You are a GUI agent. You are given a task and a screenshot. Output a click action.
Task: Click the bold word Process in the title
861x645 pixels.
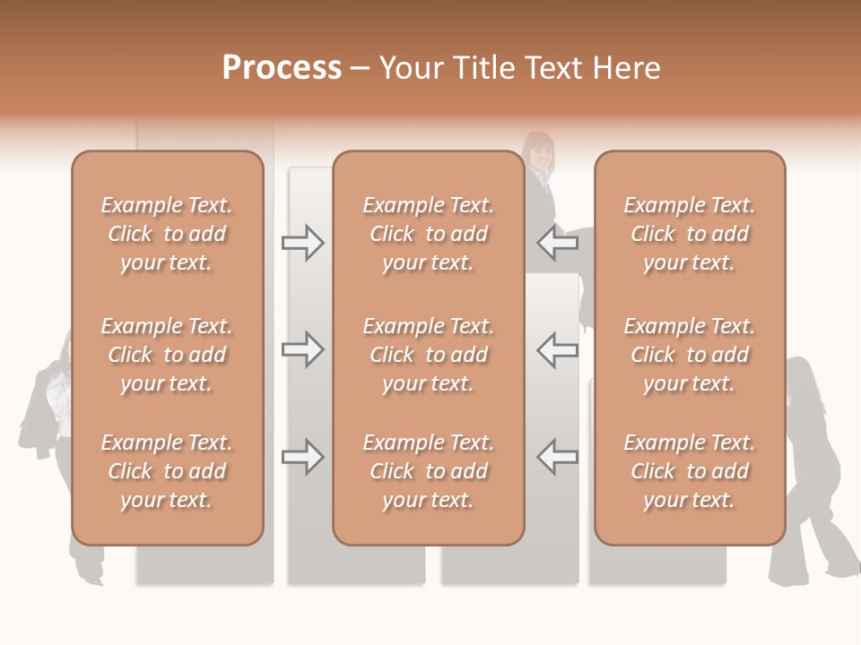[282, 68]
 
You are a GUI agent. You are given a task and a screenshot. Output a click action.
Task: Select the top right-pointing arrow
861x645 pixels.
[302, 243]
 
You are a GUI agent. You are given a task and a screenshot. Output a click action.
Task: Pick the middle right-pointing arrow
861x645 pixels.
[302, 349]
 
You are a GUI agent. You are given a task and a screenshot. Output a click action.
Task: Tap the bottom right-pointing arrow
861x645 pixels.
[302, 457]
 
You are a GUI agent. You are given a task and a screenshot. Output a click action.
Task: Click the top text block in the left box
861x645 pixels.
[167, 234]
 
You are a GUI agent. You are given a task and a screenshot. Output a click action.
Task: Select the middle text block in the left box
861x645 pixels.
[167, 355]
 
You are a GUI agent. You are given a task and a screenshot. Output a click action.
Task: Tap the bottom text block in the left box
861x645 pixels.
[167, 471]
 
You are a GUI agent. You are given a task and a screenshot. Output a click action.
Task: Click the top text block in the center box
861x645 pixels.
[428, 234]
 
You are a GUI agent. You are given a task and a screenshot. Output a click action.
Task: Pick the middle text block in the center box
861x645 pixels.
[428, 355]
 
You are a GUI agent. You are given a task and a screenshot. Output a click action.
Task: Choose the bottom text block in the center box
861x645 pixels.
[428, 471]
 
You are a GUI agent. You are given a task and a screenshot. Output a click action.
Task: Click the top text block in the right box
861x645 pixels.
[690, 234]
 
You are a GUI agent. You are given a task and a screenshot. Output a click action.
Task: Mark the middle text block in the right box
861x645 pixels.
[690, 355]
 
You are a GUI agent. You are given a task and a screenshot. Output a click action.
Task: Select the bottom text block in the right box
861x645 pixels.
[690, 471]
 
